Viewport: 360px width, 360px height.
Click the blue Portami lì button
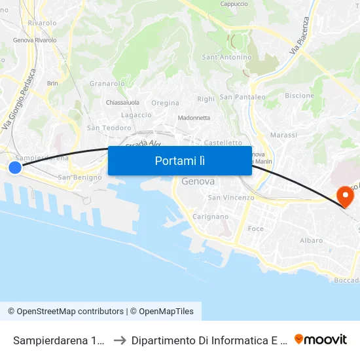[179, 160]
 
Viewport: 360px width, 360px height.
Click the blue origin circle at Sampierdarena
[14, 168]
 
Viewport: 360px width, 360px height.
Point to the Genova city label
[198, 181]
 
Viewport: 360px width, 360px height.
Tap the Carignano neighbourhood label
[210, 216]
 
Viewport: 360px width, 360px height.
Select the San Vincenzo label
[230, 198]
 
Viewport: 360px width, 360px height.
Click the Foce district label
[256, 228]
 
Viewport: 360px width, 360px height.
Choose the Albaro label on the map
[311, 240]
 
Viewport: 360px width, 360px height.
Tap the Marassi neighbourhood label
[283, 135]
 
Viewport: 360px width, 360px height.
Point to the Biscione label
[299, 96]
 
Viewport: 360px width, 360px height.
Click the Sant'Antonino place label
[226, 57]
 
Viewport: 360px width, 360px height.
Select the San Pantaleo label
[242, 97]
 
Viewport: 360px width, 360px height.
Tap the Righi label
[206, 99]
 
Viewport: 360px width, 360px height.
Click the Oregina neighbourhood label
[165, 103]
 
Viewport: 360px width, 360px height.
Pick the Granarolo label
[107, 83]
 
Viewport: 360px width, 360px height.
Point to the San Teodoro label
[109, 128]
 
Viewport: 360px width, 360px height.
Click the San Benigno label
[80, 177]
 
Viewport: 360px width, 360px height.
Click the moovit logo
[321, 339]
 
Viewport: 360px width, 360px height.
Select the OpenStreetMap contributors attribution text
[65, 312]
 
